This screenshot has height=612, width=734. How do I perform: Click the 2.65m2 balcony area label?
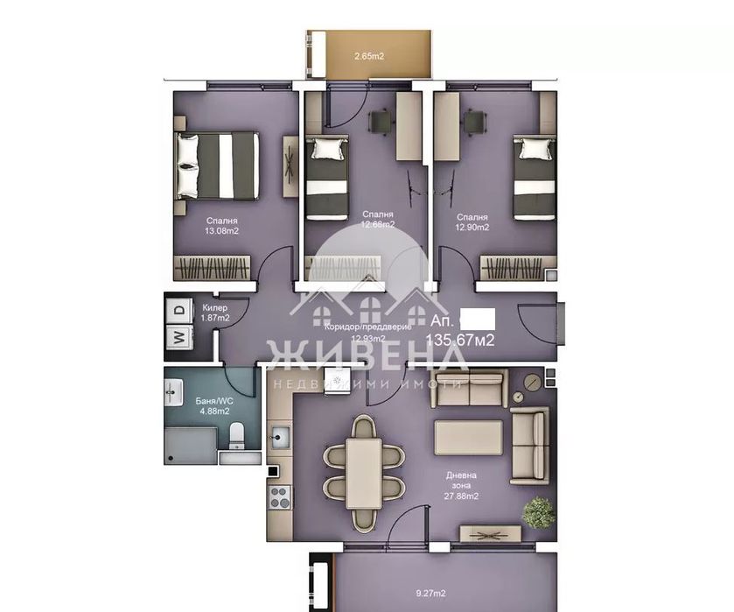pos(368,57)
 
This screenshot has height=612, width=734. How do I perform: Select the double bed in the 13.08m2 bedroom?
pos(218,165)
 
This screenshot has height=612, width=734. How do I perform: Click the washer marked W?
pos(178,335)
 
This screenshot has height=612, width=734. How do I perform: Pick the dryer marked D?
pos(178,309)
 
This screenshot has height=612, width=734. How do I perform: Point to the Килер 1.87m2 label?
pos(215,313)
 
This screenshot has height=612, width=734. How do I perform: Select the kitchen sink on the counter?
pos(280,435)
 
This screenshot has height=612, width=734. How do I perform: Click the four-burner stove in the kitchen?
pos(280,497)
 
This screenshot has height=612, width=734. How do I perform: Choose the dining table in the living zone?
pos(363,473)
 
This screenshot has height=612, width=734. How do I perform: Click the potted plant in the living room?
pos(539,511)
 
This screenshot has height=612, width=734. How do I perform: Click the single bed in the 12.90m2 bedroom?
pos(533,177)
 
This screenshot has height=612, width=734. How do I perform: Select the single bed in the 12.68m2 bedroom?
pos(327,177)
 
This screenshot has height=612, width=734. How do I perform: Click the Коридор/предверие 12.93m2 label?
pos(360,332)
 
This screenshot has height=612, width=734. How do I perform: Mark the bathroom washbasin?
pos(171,393)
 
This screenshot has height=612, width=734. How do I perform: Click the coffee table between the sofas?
pos(469,437)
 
